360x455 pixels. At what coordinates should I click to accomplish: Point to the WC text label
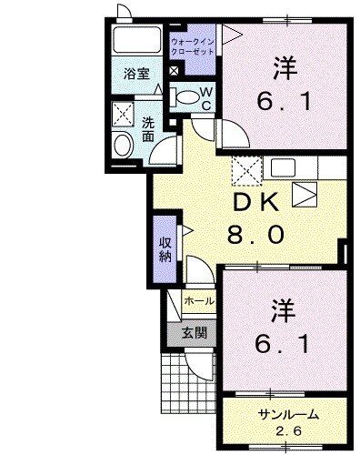coord(206,96)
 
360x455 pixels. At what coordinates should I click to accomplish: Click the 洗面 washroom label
coord(147,128)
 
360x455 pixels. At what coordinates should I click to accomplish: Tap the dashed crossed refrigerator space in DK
coord(244,169)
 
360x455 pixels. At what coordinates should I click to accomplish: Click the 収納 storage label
coord(166,248)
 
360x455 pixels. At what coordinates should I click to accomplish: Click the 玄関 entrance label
coord(192,333)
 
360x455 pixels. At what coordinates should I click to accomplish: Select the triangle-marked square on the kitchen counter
coord(305,193)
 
